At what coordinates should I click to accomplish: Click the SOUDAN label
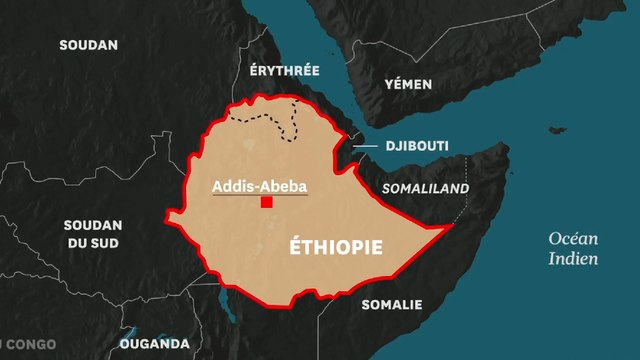[88, 45]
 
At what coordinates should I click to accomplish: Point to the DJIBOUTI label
[418, 146]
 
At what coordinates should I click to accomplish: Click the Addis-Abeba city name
[259, 186]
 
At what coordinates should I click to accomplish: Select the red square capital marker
[267, 202]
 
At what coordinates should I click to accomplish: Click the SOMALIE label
[392, 304]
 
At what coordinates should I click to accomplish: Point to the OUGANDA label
[154, 343]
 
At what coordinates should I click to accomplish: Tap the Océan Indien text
[573, 248]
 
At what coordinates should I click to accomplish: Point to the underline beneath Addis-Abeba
[259, 195]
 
